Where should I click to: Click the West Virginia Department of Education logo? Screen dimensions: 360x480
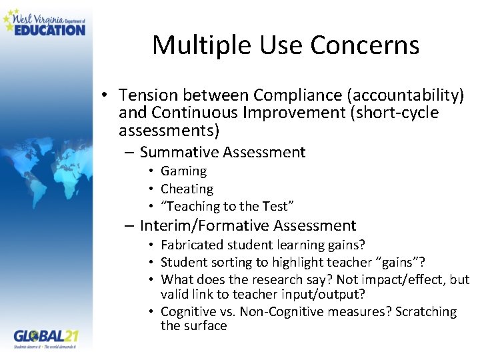click(45, 22)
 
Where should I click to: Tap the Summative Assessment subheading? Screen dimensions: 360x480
click(223, 153)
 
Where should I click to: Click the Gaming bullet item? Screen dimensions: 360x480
click(183, 171)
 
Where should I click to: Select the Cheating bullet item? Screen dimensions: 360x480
click(187, 189)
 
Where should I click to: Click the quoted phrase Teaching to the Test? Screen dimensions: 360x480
click(227, 207)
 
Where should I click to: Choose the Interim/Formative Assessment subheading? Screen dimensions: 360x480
click(248, 226)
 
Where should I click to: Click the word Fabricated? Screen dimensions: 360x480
click(191, 245)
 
